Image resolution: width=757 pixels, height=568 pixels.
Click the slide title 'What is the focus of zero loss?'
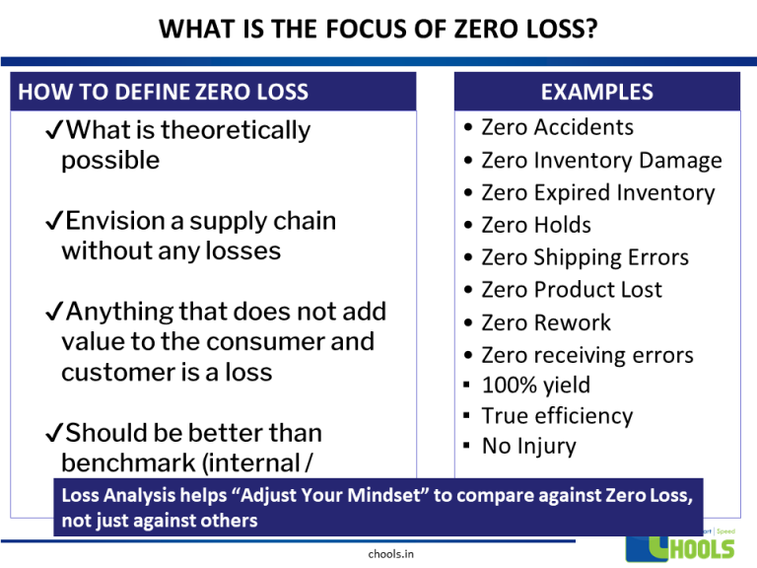(x=378, y=31)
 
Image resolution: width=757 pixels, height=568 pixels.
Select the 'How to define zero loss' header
(x=164, y=93)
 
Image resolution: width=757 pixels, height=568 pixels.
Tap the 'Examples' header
(x=596, y=92)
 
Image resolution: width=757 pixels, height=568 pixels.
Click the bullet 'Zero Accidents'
(x=557, y=127)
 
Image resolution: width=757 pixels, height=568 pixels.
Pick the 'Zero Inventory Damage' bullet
(x=601, y=160)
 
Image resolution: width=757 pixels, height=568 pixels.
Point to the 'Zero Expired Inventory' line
(x=597, y=192)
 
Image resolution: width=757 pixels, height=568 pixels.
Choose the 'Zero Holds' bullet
(x=535, y=225)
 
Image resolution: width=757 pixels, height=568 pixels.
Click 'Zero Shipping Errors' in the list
(x=585, y=257)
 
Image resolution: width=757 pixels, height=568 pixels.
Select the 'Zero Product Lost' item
(x=571, y=290)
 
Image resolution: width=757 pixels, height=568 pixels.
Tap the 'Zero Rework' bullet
(x=545, y=322)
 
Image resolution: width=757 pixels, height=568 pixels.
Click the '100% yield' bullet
(x=536, y=386)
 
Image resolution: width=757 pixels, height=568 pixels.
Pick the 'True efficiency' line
(x=556, y=416)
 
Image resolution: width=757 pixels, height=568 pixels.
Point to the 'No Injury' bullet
(x=528, y=447)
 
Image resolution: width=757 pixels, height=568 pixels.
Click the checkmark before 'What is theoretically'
(x=55, y=130)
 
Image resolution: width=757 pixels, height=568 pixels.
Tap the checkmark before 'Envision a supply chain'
(x=55, y=221)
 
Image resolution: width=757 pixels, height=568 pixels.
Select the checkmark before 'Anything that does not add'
(x=55, y=313)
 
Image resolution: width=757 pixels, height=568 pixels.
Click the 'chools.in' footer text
(x=389, y=553)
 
